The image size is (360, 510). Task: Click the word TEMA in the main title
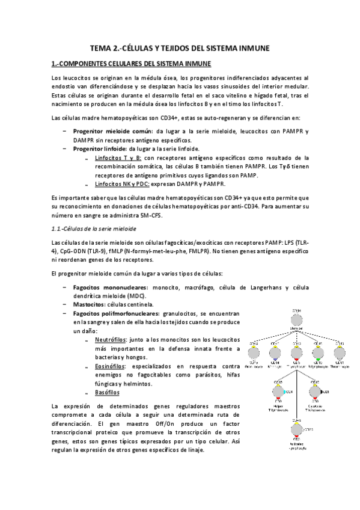100,48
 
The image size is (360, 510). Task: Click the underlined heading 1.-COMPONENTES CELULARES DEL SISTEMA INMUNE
131,64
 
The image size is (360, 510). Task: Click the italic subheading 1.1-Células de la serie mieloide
93,229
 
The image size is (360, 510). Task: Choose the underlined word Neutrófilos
111,340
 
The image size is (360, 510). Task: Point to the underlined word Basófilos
107,393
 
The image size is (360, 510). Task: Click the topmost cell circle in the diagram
296,319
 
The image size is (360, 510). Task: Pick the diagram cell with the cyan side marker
279,392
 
